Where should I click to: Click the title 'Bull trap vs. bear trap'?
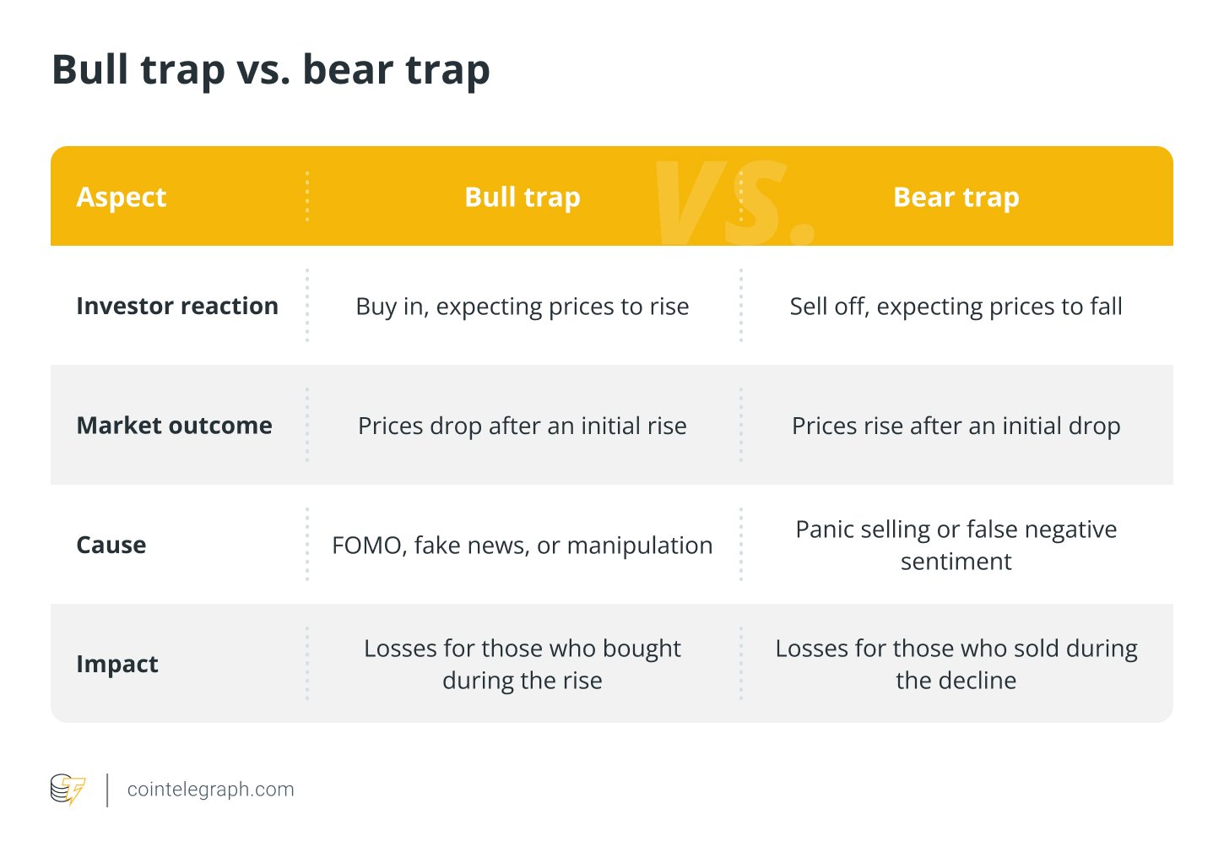[x=270, y=70]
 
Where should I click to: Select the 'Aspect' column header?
[x=121, y=197]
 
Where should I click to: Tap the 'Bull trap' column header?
[x=522, y=197]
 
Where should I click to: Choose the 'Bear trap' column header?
[x=956, y=197]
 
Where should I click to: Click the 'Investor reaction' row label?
[x=176, y=306]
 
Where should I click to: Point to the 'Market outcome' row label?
[x=174, y=426]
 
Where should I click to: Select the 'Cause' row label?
[x=111, y=545]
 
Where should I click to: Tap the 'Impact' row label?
[x=116, y=664]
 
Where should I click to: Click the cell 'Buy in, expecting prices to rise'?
[x=522, y=307]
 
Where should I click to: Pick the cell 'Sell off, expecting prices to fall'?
[x=956, y=307]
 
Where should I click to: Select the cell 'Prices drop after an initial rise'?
[x=522, y=426]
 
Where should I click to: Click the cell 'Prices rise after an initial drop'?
[x=956, y=426]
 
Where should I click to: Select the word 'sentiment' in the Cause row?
[x=956, y=562]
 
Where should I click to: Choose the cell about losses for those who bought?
[x=522, y=664]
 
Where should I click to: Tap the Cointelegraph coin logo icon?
[x=68, y=790]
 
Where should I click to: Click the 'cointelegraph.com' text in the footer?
[x=210, y=790]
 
